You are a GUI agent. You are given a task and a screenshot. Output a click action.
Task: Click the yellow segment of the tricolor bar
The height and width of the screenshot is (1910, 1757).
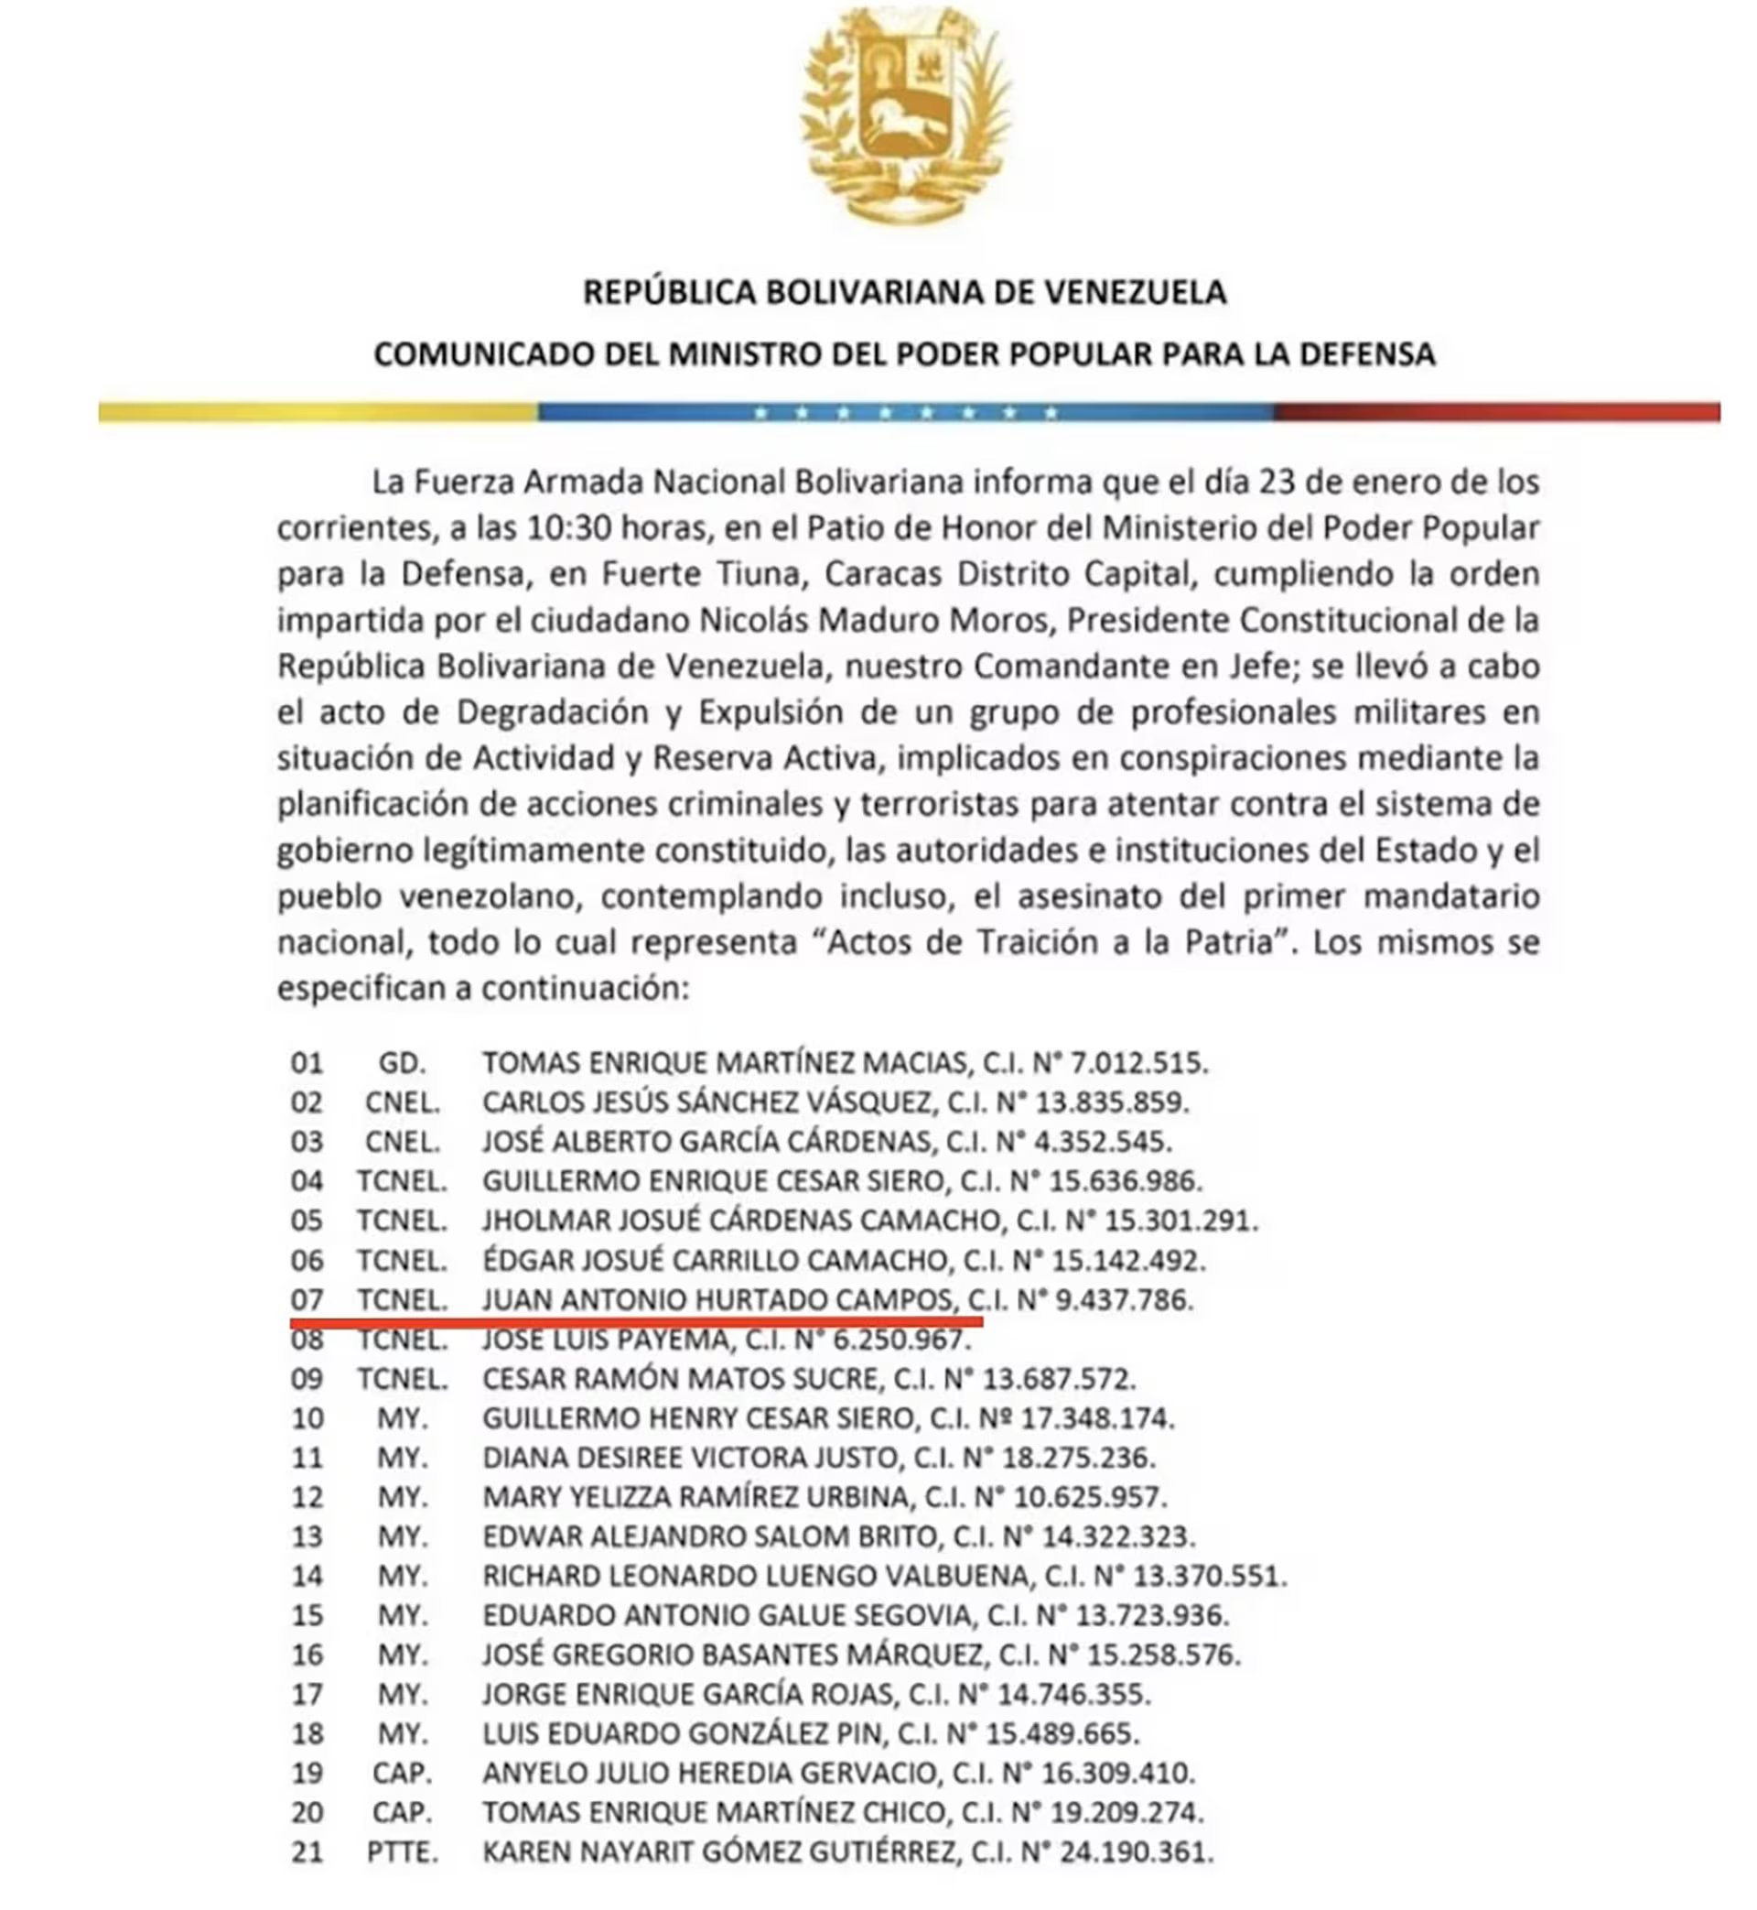pyautogui.click(x=318, y=412)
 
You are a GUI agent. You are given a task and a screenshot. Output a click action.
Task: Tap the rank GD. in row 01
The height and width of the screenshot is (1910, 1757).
pyautogui.click(x=401, y=1062)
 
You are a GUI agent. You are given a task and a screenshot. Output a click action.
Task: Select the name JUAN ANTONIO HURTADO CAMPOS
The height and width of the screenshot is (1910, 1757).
pyautogui.click(x=717, y=1299)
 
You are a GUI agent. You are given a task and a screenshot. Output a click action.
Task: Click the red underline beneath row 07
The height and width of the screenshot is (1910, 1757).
pyautogui.click(x=636, y=1321)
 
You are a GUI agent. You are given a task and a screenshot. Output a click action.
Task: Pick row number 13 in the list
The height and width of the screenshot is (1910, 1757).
pyautogui.click(x=307, y=1536)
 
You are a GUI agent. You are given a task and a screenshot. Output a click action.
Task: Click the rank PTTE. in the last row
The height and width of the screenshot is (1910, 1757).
pyautogui.click(x=401, y=1852)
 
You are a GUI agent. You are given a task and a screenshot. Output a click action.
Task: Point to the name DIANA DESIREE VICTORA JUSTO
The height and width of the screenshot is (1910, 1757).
pyautogui.click(x=689, y=1458)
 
